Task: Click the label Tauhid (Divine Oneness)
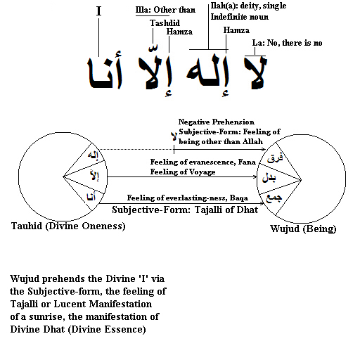click(x=68, y=226)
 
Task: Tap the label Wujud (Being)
click(x=303, y=229)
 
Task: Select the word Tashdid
click(x=165, y=23)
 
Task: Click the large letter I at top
click(x=98, y=11)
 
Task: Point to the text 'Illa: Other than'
click(x=165, y=10)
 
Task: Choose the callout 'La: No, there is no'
click(x=287, y=43)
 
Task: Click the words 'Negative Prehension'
click(x=216, y=122)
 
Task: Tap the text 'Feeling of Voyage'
click(x=183, y=172)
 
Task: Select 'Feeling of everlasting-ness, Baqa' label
click(x=188, y=198)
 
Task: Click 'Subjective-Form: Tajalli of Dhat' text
click(x=185, y=210)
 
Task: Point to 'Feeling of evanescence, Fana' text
click(x=203, y=162)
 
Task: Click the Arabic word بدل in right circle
click(x=269, y=178)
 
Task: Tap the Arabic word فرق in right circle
click(x=275, y=158)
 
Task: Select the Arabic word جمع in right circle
click(x=274, y=198)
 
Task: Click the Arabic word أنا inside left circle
click(x=91, y=196)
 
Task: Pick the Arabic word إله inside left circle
click(x=94, y=155)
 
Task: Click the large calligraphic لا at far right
click(x=256, y=72)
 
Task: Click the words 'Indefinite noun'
click(x=240, y=17)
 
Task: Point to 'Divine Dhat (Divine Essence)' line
click(x=78, y=329)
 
